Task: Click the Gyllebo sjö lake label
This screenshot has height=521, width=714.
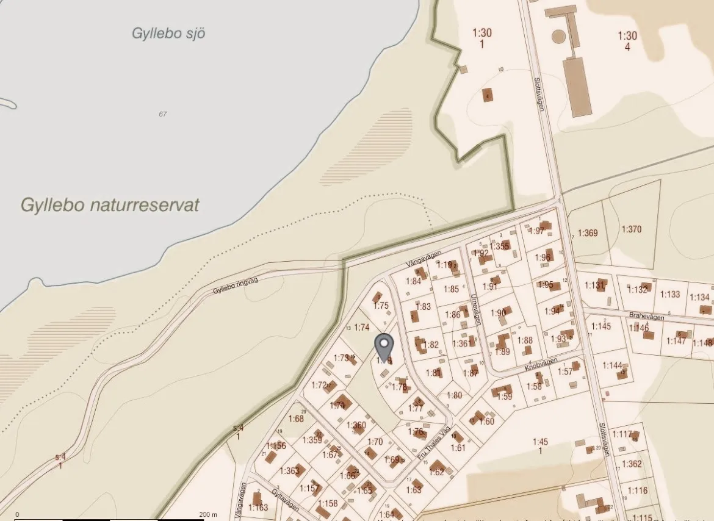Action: pos(168,33)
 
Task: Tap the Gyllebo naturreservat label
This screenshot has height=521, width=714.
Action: pos(110,205)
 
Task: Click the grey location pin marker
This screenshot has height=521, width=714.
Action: pos(383,347)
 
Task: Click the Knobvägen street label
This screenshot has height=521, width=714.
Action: pos(541,364)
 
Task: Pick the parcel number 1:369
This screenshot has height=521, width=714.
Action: pos(588,232)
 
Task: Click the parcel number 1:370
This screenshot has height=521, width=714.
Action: pos(632,229)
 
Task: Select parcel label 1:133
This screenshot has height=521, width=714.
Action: pos(669,294)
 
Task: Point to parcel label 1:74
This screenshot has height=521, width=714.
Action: pos(362,327)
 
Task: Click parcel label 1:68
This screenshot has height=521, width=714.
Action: pos(296,419)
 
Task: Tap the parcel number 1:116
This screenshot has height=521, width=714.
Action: pos(637,490)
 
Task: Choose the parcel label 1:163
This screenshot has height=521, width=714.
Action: pos(258,507)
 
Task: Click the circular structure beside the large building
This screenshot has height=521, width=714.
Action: pos(558,36)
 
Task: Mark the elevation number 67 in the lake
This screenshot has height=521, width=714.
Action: pos(162,114)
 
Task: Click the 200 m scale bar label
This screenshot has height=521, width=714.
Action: pos(208,515)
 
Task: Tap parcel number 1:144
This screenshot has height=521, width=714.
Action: pos(612,365)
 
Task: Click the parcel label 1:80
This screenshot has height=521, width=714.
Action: pos(454,395)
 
